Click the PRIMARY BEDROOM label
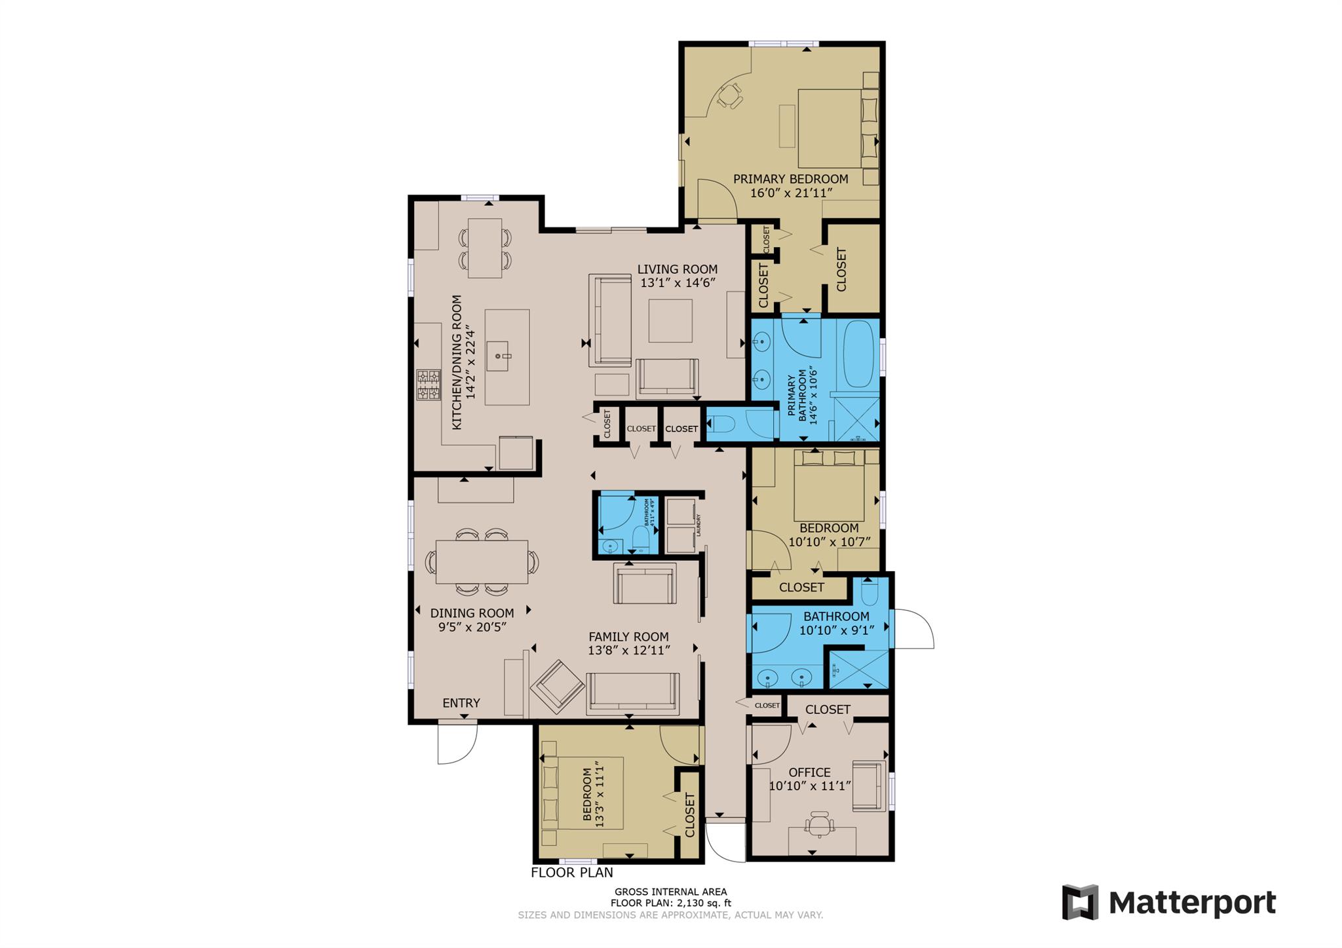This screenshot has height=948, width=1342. [x=790, y=179]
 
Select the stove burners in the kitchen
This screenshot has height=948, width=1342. [x=429, y=385]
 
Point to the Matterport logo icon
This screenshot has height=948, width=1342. [x=1079, y=902]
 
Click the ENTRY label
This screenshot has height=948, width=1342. [x=461, y=703]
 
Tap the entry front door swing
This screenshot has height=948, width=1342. [x=458, y=744]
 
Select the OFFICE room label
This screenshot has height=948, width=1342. [x=809, y=772]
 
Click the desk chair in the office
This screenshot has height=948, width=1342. [x=820, y=824]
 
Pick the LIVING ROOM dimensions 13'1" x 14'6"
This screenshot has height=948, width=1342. [x=677, y=283]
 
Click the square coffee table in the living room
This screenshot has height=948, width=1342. [x=670, y=320]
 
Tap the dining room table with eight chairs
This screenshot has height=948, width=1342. [x=482, y=561]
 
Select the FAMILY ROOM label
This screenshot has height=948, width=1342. [x=628, y=637]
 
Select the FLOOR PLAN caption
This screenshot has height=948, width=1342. [x=571, y=873]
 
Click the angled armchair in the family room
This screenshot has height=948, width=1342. [x=557, y=686]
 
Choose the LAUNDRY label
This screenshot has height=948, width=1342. [x=699, y=524]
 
